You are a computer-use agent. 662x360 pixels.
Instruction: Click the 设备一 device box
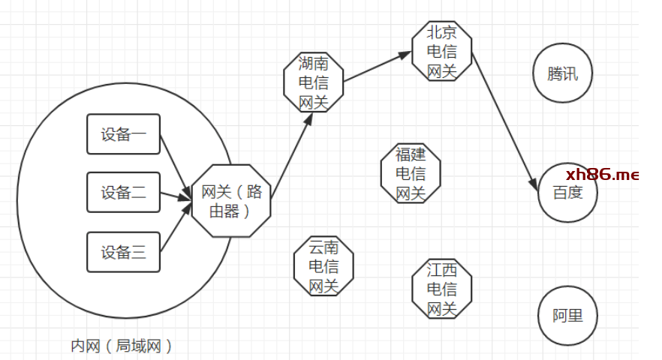click(124, 134)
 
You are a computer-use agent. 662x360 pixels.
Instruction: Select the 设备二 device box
click(124, 192)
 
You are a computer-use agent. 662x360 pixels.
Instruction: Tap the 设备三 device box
click(124, 252)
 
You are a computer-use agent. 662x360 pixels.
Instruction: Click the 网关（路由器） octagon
click(231, 201)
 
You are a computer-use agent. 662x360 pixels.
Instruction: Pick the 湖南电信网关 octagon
click(314, 82)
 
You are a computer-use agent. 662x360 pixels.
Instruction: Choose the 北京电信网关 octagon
click(442, 52)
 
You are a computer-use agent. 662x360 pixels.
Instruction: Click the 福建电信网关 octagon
click(411, 174)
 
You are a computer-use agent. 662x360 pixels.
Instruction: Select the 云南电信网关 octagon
click(323, 266)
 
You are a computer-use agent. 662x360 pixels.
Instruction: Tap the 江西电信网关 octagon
click(442, 289)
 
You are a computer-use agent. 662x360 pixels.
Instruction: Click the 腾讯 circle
click(563, 74)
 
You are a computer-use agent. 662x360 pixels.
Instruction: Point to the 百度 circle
click(568, 193)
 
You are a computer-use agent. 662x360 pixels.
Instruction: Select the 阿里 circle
click(568, 316)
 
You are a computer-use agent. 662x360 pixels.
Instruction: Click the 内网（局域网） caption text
click(122, 346)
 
